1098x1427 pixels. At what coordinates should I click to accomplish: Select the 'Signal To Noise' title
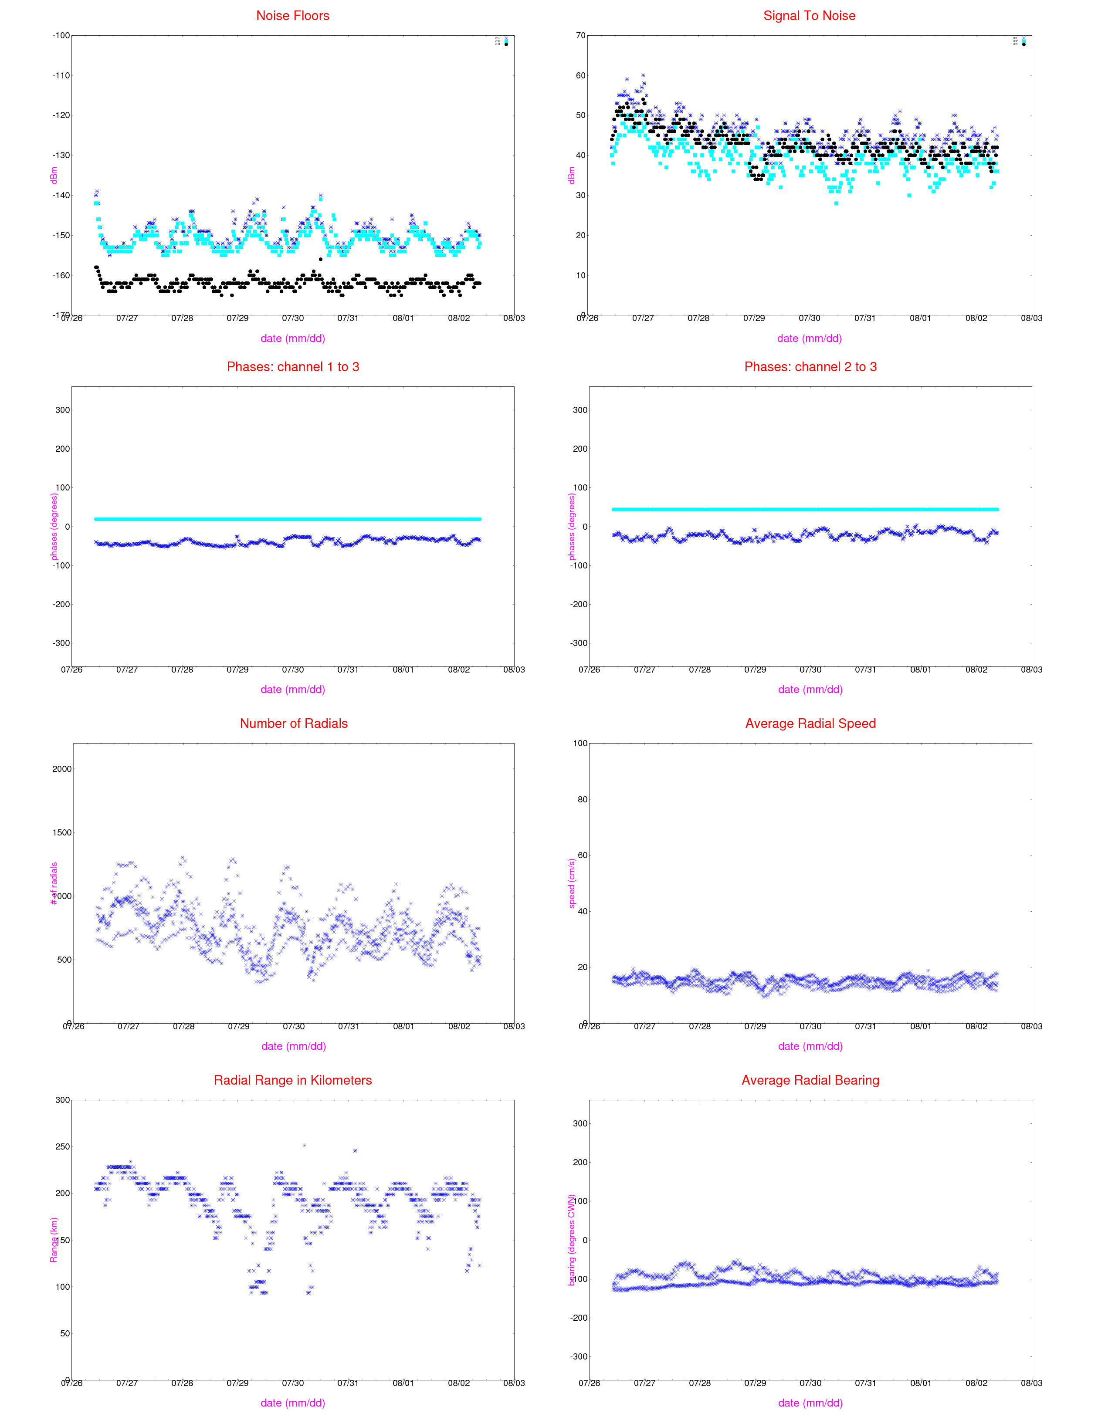point(809,16)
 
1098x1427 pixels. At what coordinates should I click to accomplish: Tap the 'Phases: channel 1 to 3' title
point(293,367)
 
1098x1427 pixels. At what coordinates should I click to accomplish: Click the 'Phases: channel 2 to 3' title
point(810,367)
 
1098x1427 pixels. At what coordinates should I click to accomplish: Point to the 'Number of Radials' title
point(294,723)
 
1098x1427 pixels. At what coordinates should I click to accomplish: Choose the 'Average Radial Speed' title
point(810,723)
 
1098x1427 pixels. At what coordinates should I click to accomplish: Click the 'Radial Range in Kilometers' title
point(293,1080)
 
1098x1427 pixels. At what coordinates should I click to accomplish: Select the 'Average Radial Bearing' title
point(810,1080)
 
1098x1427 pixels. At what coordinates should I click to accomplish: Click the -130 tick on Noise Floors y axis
point(61,155)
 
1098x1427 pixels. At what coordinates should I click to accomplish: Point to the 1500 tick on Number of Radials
point(62,832)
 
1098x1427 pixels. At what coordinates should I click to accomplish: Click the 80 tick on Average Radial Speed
point(580,799)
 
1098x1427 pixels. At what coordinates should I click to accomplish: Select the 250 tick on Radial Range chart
point(62,1146)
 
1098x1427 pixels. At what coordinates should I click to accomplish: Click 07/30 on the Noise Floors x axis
point(293,318)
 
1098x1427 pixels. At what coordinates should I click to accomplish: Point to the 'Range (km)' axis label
point(54,1240)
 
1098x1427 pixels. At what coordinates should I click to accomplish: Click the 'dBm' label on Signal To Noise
point(571,175)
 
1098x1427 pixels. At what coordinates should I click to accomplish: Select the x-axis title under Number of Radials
point(294,1046)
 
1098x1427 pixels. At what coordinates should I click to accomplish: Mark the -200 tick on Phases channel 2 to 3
point(579,605)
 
